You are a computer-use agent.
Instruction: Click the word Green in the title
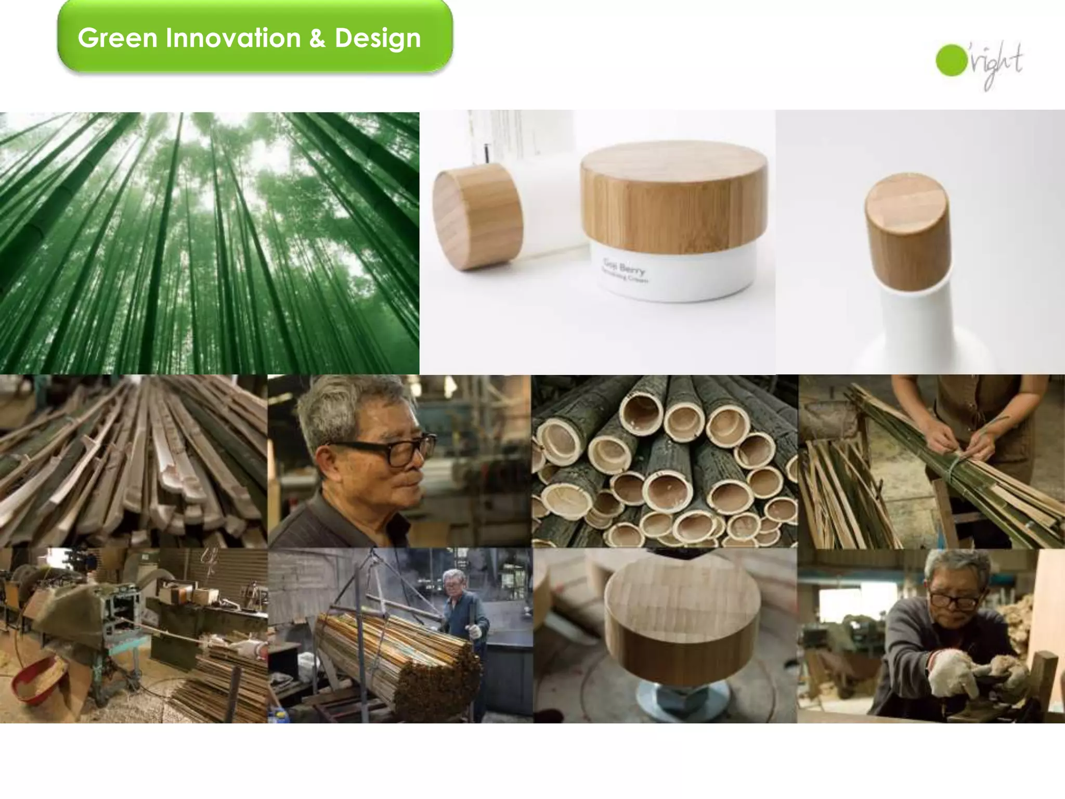pyautogui.click(x=118, y=38)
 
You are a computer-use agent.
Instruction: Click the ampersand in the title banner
pyautogui.click(x=317, y=38)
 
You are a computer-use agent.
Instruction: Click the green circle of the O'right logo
pyautogui.click(x=951, y=61)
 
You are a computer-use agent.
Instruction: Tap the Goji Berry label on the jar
pyautogui.click(x=624, y=270)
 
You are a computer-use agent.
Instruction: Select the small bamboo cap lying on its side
pyautogui.click(x=477, y=221)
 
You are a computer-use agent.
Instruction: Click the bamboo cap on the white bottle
pyautogui.click(x=907, y=232)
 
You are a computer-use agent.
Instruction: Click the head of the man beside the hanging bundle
pyautogui.click(x=454, y=583)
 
